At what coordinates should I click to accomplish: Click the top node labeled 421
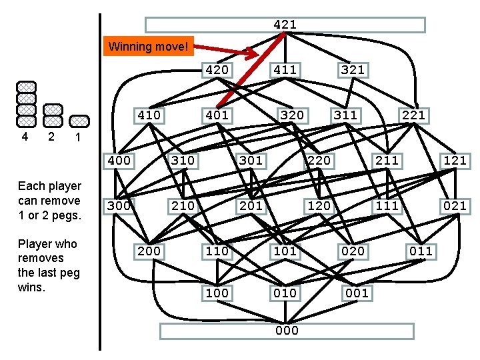pos(285,25)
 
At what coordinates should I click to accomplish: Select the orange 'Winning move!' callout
pos(150,47)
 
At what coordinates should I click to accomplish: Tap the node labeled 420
pos(217,69)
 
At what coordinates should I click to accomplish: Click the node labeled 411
pos(285,69)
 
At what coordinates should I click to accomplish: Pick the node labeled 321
pos(352,69)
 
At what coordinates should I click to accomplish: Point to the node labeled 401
pos(217,115)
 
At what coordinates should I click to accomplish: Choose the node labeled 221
pos(413,115)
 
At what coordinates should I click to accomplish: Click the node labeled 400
pos(119,160)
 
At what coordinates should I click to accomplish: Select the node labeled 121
pos(455,160)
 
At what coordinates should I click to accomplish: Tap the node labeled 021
pos(455,205)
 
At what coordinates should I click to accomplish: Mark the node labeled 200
pos(149,251)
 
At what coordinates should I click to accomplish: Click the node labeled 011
pos(421,251)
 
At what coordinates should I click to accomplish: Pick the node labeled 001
pos(357,293)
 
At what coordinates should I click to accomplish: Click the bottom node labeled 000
pos(287,331)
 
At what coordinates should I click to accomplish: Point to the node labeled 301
pos(251,160)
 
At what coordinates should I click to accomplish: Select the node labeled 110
pos(217,251)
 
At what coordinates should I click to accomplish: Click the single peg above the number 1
pos(79,121)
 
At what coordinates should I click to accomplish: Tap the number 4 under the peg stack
pos(25,137)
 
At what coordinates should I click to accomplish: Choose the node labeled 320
pos(291,115)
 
